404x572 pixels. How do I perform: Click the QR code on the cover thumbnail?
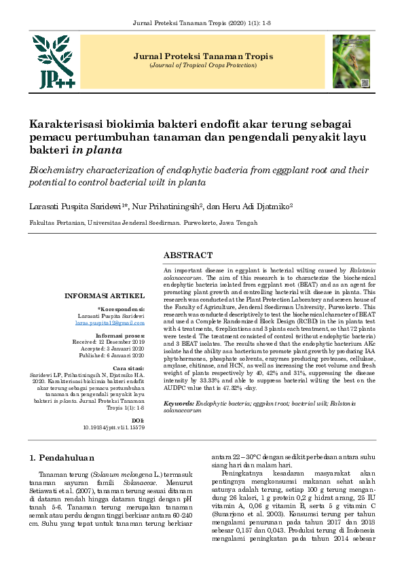364,83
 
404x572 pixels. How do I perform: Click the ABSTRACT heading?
188,255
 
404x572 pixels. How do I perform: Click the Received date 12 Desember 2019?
120,342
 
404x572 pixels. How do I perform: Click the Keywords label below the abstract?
177,404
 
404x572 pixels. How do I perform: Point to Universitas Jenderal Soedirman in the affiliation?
132,223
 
